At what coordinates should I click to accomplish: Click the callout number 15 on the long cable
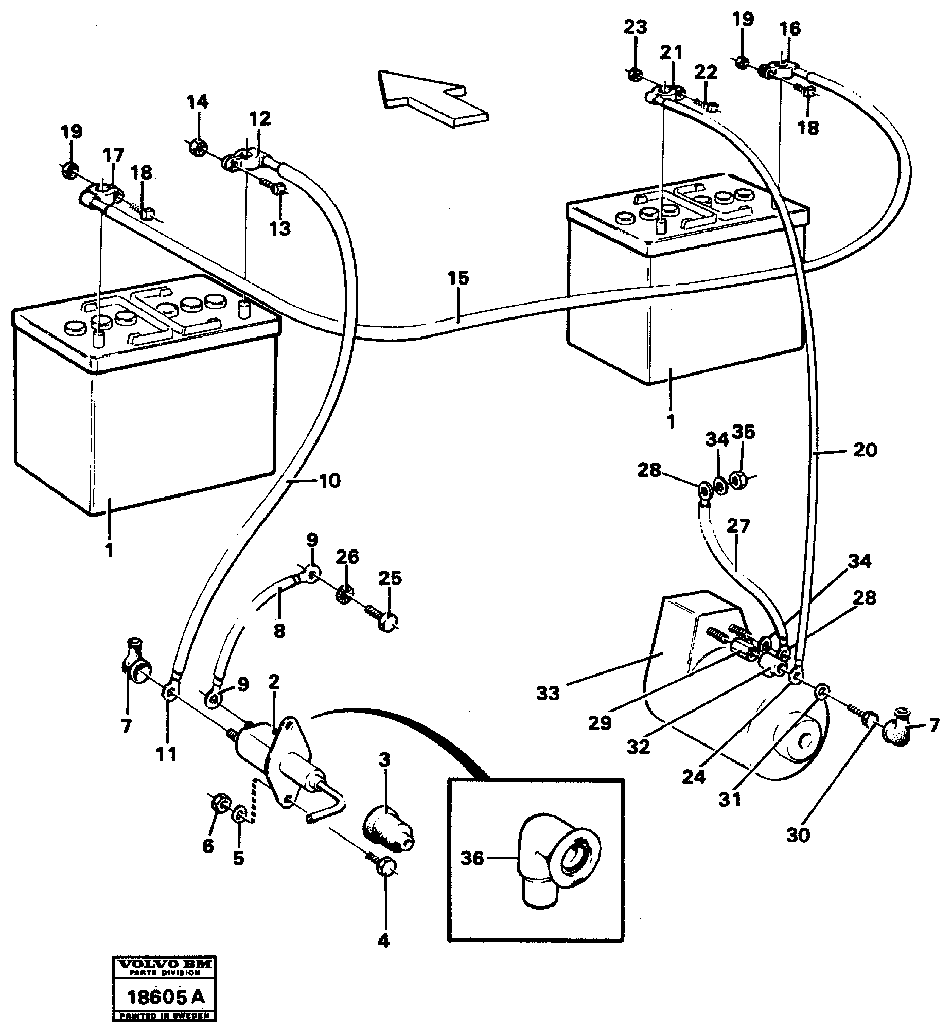(x=458, y=279)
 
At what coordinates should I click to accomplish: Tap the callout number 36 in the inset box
(x=472, y=858)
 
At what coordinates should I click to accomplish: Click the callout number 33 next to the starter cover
(x=548, y=693)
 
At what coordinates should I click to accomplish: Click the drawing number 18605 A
(x=165, y=998)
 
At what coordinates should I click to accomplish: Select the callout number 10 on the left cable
(x=330, y=481)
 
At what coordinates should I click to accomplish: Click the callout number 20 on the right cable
(x=865, y=450)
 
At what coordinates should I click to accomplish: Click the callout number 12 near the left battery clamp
(x=260, y=119)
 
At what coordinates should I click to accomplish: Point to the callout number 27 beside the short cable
(x=738, y=526)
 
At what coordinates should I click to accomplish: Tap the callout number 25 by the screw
(x=390, y=578)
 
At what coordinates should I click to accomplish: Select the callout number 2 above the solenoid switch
(x=274, y=682)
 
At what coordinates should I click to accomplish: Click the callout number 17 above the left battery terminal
(x=113, y=155)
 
